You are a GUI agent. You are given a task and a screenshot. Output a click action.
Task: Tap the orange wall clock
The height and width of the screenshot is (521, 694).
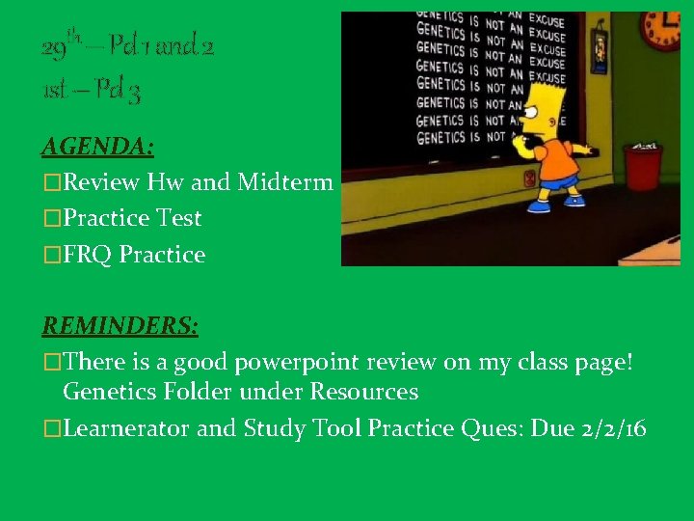[660, 31]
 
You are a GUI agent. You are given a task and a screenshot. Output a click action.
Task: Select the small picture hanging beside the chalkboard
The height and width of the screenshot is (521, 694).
[601, 48]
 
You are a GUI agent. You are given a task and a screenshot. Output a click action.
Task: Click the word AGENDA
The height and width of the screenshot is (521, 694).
[97, 147]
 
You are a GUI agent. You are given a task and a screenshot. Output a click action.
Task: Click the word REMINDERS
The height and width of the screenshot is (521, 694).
[120, 326]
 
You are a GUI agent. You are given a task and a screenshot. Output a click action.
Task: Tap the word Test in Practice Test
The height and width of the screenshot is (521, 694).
[178, 218]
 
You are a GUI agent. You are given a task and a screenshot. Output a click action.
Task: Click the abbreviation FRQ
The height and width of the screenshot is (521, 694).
[86, 255]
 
